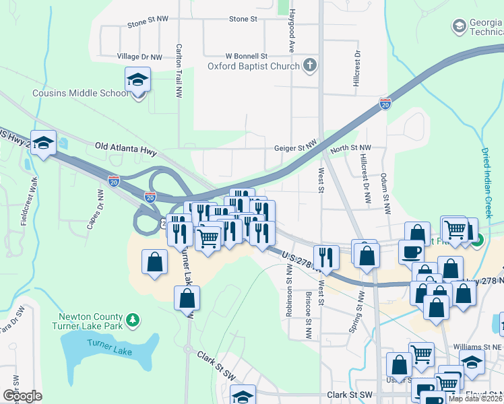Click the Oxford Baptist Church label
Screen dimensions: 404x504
[253, 66]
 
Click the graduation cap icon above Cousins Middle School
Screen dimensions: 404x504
[137, 80]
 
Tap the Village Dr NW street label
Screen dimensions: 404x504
[139, 57]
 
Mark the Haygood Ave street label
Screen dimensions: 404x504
[292, 36]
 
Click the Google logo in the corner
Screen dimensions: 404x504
[23, 395]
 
